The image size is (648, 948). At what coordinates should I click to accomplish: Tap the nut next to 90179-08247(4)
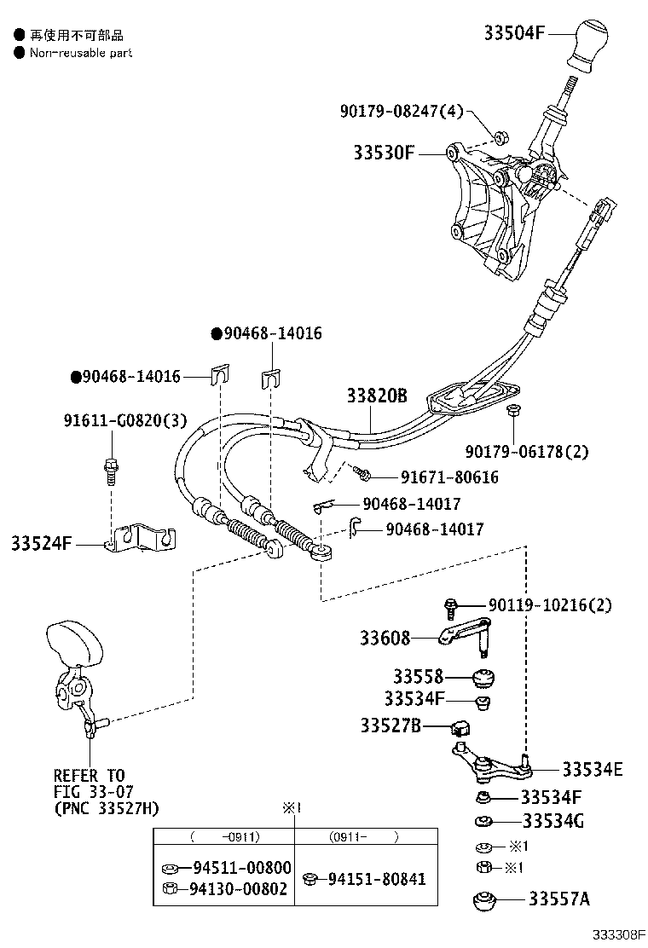pos(501,136)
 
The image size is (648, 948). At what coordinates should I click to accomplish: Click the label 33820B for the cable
pos(376,396)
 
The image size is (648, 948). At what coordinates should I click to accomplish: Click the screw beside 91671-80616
pos(362,471)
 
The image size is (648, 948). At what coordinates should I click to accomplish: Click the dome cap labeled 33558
pos(484,679)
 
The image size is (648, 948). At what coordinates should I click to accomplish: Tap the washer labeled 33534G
pos(483,822)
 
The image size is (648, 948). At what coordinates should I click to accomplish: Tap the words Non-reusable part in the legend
pos(81,53)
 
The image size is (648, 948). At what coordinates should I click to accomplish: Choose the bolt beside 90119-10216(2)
pos(451,606)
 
